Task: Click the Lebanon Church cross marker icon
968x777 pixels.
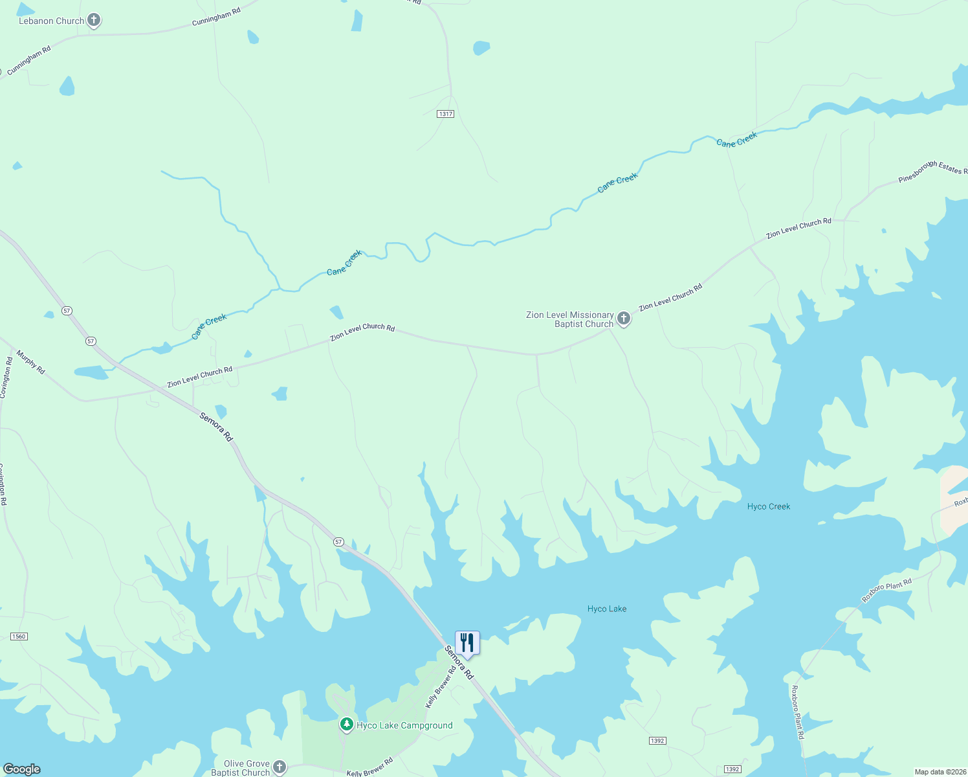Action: tap(94, 20)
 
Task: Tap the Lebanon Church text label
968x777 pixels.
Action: tap(51, 21)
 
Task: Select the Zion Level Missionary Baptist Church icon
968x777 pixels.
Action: tap(624, 319)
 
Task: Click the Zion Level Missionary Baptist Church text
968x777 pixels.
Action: tap(570, 319)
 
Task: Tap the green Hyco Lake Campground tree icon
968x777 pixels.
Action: tap(347, 725)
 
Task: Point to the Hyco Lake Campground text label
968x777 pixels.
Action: tap(404, 725)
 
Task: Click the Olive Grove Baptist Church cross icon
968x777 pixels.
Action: tap(280, 767)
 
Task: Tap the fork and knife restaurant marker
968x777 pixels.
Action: tap(467, 643)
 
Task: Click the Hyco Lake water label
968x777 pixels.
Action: tap(607, 609)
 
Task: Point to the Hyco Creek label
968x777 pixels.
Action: tap(769, 506)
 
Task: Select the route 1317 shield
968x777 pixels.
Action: tap(445, 114)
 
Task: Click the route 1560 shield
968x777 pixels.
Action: tap(19, 636)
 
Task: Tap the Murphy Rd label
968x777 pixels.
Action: tap(31, 362)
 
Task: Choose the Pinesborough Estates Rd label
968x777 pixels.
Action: tap(932, 171)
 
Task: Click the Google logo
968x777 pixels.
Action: tap(21, 769)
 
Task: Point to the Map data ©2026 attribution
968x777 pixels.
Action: tap(938, 772)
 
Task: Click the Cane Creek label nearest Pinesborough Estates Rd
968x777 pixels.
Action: tap(737, 139)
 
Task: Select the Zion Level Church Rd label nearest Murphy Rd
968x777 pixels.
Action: tap(199, 376)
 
